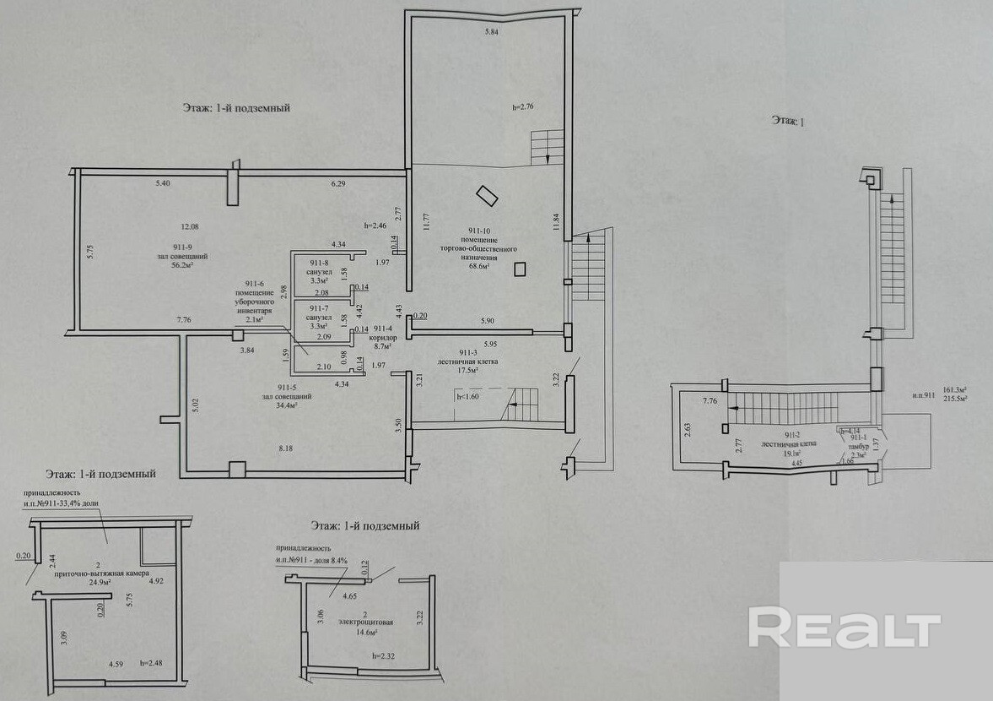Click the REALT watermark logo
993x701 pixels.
(844, 629)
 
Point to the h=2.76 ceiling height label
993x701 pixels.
(525, 107)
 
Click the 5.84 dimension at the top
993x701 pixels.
(492, 32)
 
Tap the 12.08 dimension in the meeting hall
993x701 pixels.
(190, 226)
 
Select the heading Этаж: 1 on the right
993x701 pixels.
(788, 122)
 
